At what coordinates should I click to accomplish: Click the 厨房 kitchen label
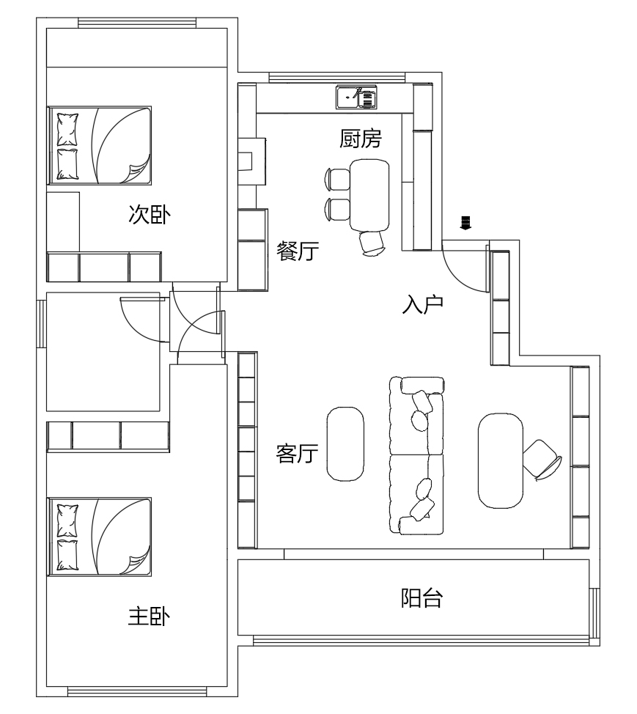pos(360,139)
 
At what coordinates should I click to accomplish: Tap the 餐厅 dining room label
pos(298,251)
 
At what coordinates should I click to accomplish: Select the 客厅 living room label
pos(297,453)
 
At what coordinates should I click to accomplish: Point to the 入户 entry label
pos(422,304)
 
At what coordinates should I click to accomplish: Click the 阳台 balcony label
pos(421,598)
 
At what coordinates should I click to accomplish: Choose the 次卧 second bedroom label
pos(150,214)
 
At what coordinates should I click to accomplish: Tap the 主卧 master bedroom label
pos(149,617)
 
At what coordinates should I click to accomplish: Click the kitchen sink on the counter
pos(357,97)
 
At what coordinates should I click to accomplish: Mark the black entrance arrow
pos(465,223)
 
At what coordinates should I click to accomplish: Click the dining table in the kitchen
pos(369,195)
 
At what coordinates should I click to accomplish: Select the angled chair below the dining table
pos(372,243)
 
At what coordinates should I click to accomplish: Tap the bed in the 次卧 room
pos(100,146)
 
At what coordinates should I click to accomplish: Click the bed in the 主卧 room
pos(100,537)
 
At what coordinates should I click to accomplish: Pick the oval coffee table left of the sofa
pos(345,444)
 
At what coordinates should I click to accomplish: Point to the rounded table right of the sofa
pos(501,460)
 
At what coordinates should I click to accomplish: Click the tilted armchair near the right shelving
pos(542,460)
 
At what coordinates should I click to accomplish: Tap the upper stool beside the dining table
pos(338,179)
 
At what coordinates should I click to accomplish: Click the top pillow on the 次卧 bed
pos(68,130)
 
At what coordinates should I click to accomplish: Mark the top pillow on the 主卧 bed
pos(67,520)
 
